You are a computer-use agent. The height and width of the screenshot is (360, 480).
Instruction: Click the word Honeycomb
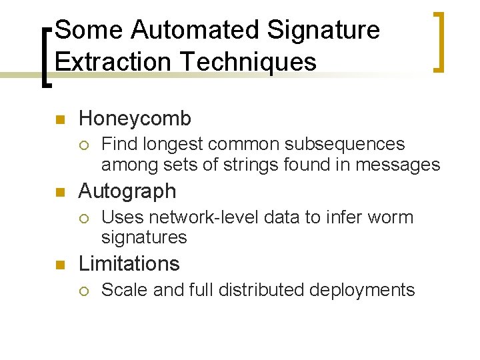[135, 119]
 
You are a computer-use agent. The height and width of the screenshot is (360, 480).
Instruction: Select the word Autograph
[127, 192]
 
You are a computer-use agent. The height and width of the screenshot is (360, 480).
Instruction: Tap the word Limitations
[129, 264]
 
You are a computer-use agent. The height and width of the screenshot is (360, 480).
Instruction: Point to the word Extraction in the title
[114, 61]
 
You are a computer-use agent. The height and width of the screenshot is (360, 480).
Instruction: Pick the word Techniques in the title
[247, 61]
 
